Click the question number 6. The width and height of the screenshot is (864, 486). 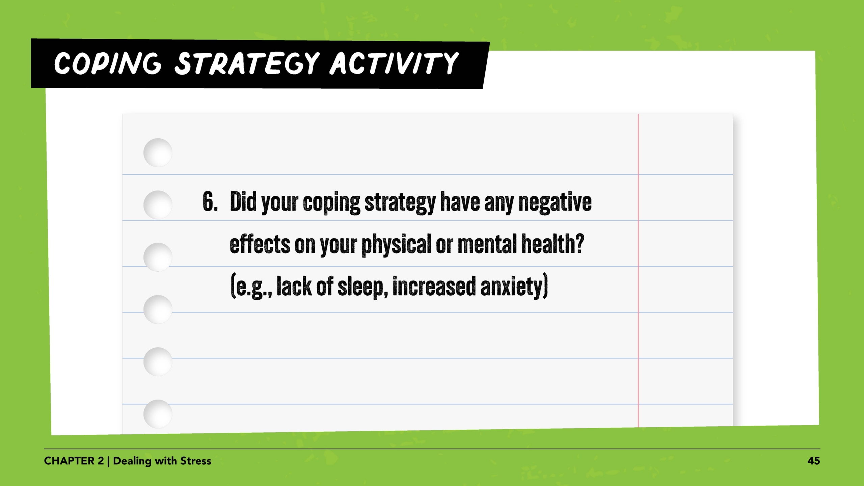210,202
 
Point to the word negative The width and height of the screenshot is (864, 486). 555,202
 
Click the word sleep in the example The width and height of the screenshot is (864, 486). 360,287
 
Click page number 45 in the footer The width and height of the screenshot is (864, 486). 813,461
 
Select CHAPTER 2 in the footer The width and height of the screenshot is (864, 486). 74,461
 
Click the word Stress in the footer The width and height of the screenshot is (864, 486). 196,461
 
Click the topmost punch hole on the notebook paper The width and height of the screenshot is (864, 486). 158,153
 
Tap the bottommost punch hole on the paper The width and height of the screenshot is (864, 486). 158,414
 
